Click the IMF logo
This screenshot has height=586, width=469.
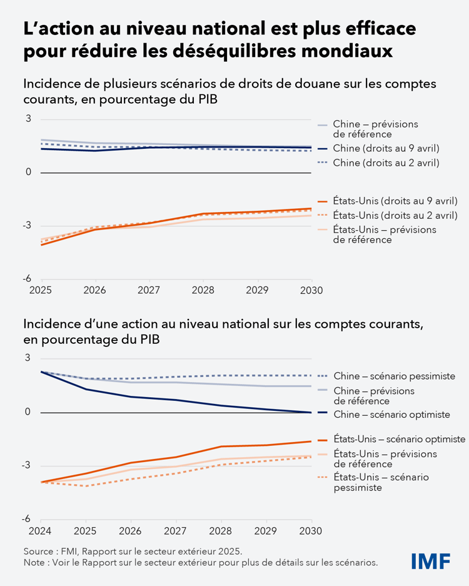[431, 561]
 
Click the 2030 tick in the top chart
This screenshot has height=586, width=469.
[311, 290]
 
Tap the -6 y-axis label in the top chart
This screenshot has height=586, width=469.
[28, 280]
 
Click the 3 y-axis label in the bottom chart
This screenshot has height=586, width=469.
[28, 358]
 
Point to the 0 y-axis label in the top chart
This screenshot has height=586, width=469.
[28, 172]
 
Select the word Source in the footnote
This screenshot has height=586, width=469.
[39, 552]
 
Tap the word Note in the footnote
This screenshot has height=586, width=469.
[35, 563]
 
